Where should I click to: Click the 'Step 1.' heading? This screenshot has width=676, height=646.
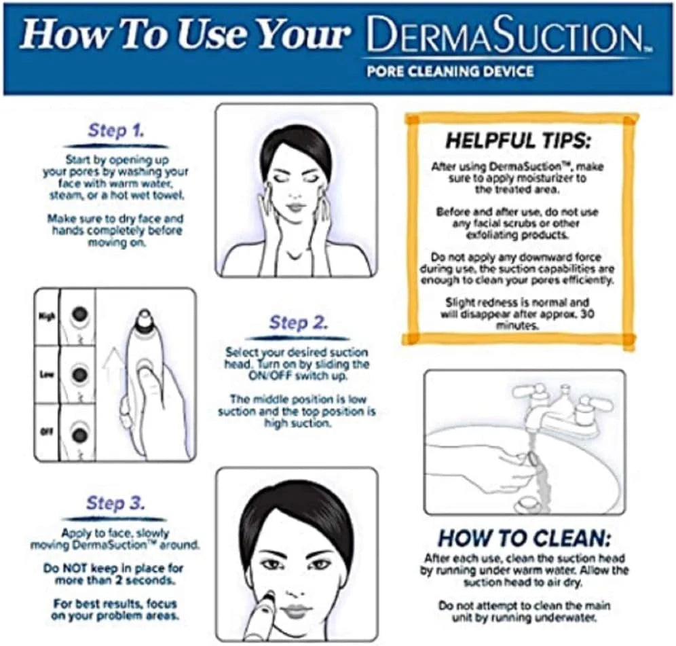[116, 131]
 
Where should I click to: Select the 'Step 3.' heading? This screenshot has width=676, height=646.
[116, 503]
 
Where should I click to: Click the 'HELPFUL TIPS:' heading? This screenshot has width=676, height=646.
[519, 141]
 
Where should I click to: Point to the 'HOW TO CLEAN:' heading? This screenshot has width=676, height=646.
[524, 538]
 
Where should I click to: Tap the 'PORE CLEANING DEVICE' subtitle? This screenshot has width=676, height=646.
[449, 71]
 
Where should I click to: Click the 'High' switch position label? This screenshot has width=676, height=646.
[46, 316]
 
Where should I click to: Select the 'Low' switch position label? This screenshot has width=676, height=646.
[46, 374]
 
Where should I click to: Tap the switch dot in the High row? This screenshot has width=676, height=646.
[81, 313]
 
